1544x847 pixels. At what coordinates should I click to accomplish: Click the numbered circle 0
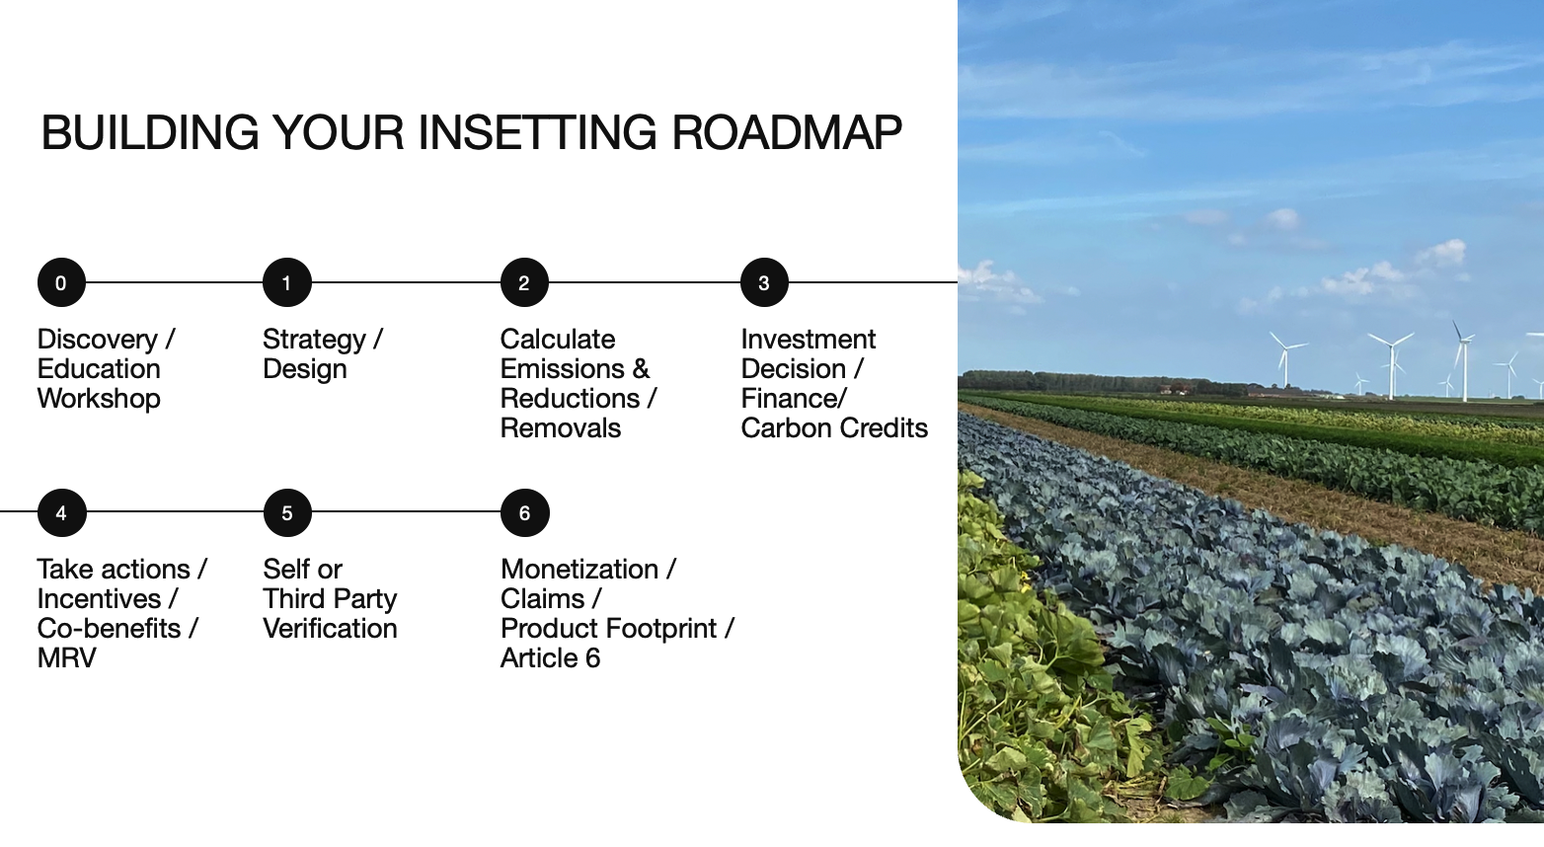coord(61,282)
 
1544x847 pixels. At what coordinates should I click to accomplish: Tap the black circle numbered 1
coord(286,282)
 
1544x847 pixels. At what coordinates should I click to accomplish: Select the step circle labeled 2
coord(524,282)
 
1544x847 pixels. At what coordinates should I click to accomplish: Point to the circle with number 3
coord(764,282)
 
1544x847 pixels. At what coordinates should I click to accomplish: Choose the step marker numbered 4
coord(62,512)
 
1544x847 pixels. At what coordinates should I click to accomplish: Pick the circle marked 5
coord(287,512)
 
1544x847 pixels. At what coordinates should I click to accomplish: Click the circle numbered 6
coord(524,512)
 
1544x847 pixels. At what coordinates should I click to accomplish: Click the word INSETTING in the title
coord(538,132)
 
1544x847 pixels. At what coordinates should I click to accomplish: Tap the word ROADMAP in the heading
coord(787,132)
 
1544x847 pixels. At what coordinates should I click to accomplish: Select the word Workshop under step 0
coord(99,399)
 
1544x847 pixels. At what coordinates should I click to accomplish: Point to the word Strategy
coord(314,340)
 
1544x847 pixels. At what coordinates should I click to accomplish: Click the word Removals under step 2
coord(561,428)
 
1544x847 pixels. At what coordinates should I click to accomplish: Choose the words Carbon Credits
coord(834,428)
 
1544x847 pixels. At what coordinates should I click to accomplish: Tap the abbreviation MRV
coord(66,658)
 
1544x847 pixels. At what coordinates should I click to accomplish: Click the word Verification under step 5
coord(330,629)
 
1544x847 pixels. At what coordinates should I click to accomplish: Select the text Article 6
coord(550,658)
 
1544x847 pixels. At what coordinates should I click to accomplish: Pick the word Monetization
coord(579,570)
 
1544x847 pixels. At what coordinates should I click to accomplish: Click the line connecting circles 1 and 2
coord(406,282)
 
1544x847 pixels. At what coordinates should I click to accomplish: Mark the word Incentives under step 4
coord(100,599)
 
